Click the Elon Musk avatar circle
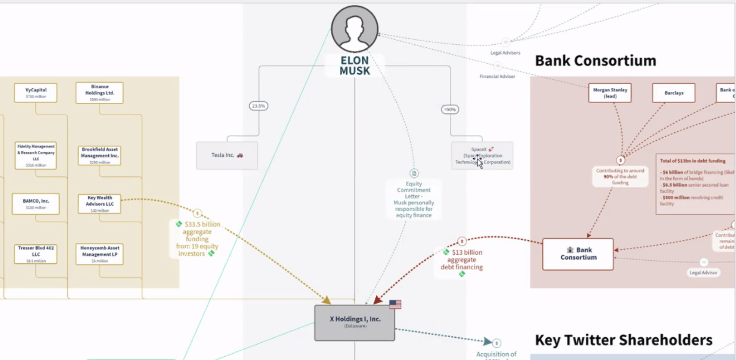click(354, 29)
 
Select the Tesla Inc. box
click(227, 155)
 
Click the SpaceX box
click(482, 156)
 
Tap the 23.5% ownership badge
click(258, 106)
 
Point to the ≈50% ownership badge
click(450, 109)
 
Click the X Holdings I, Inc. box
click(354, 323)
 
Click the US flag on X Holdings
click(395, 304)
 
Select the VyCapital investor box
click(36, 93)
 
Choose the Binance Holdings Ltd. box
click(100, 93)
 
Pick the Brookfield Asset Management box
click(99, 156)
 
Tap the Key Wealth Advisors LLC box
click(99, 204)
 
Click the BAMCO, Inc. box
click(36, 204)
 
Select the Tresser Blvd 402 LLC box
click(36, 254)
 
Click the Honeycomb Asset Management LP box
click(99, 254)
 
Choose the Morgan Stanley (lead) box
click(610, 93)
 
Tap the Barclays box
click(674, 93)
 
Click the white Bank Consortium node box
click(578, 254)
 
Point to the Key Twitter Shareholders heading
click(623, 340)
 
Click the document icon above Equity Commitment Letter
click(414, 173)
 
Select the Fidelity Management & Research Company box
click(36, 156)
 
